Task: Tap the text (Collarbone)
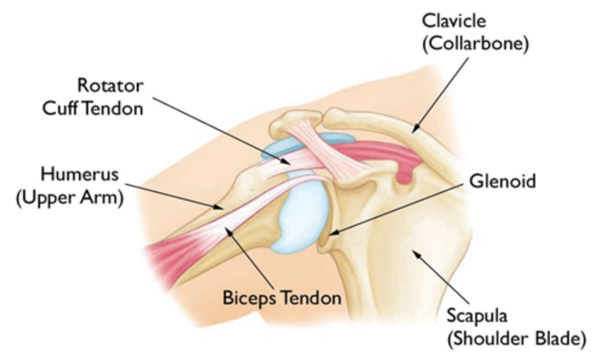tap(475, 44)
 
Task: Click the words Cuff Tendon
tap(92, 108)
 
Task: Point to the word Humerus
tap(71, 174)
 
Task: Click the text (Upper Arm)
tap(70, 198)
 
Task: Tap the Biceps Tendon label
tap(281, 298)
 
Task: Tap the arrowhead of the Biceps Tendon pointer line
tap(228, 229)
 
